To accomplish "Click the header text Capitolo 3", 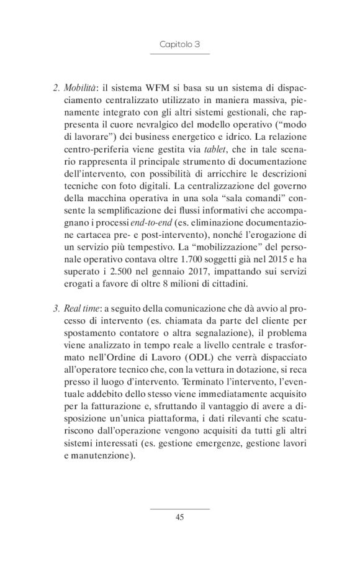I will pyautogui.click(x=179, y=45).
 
